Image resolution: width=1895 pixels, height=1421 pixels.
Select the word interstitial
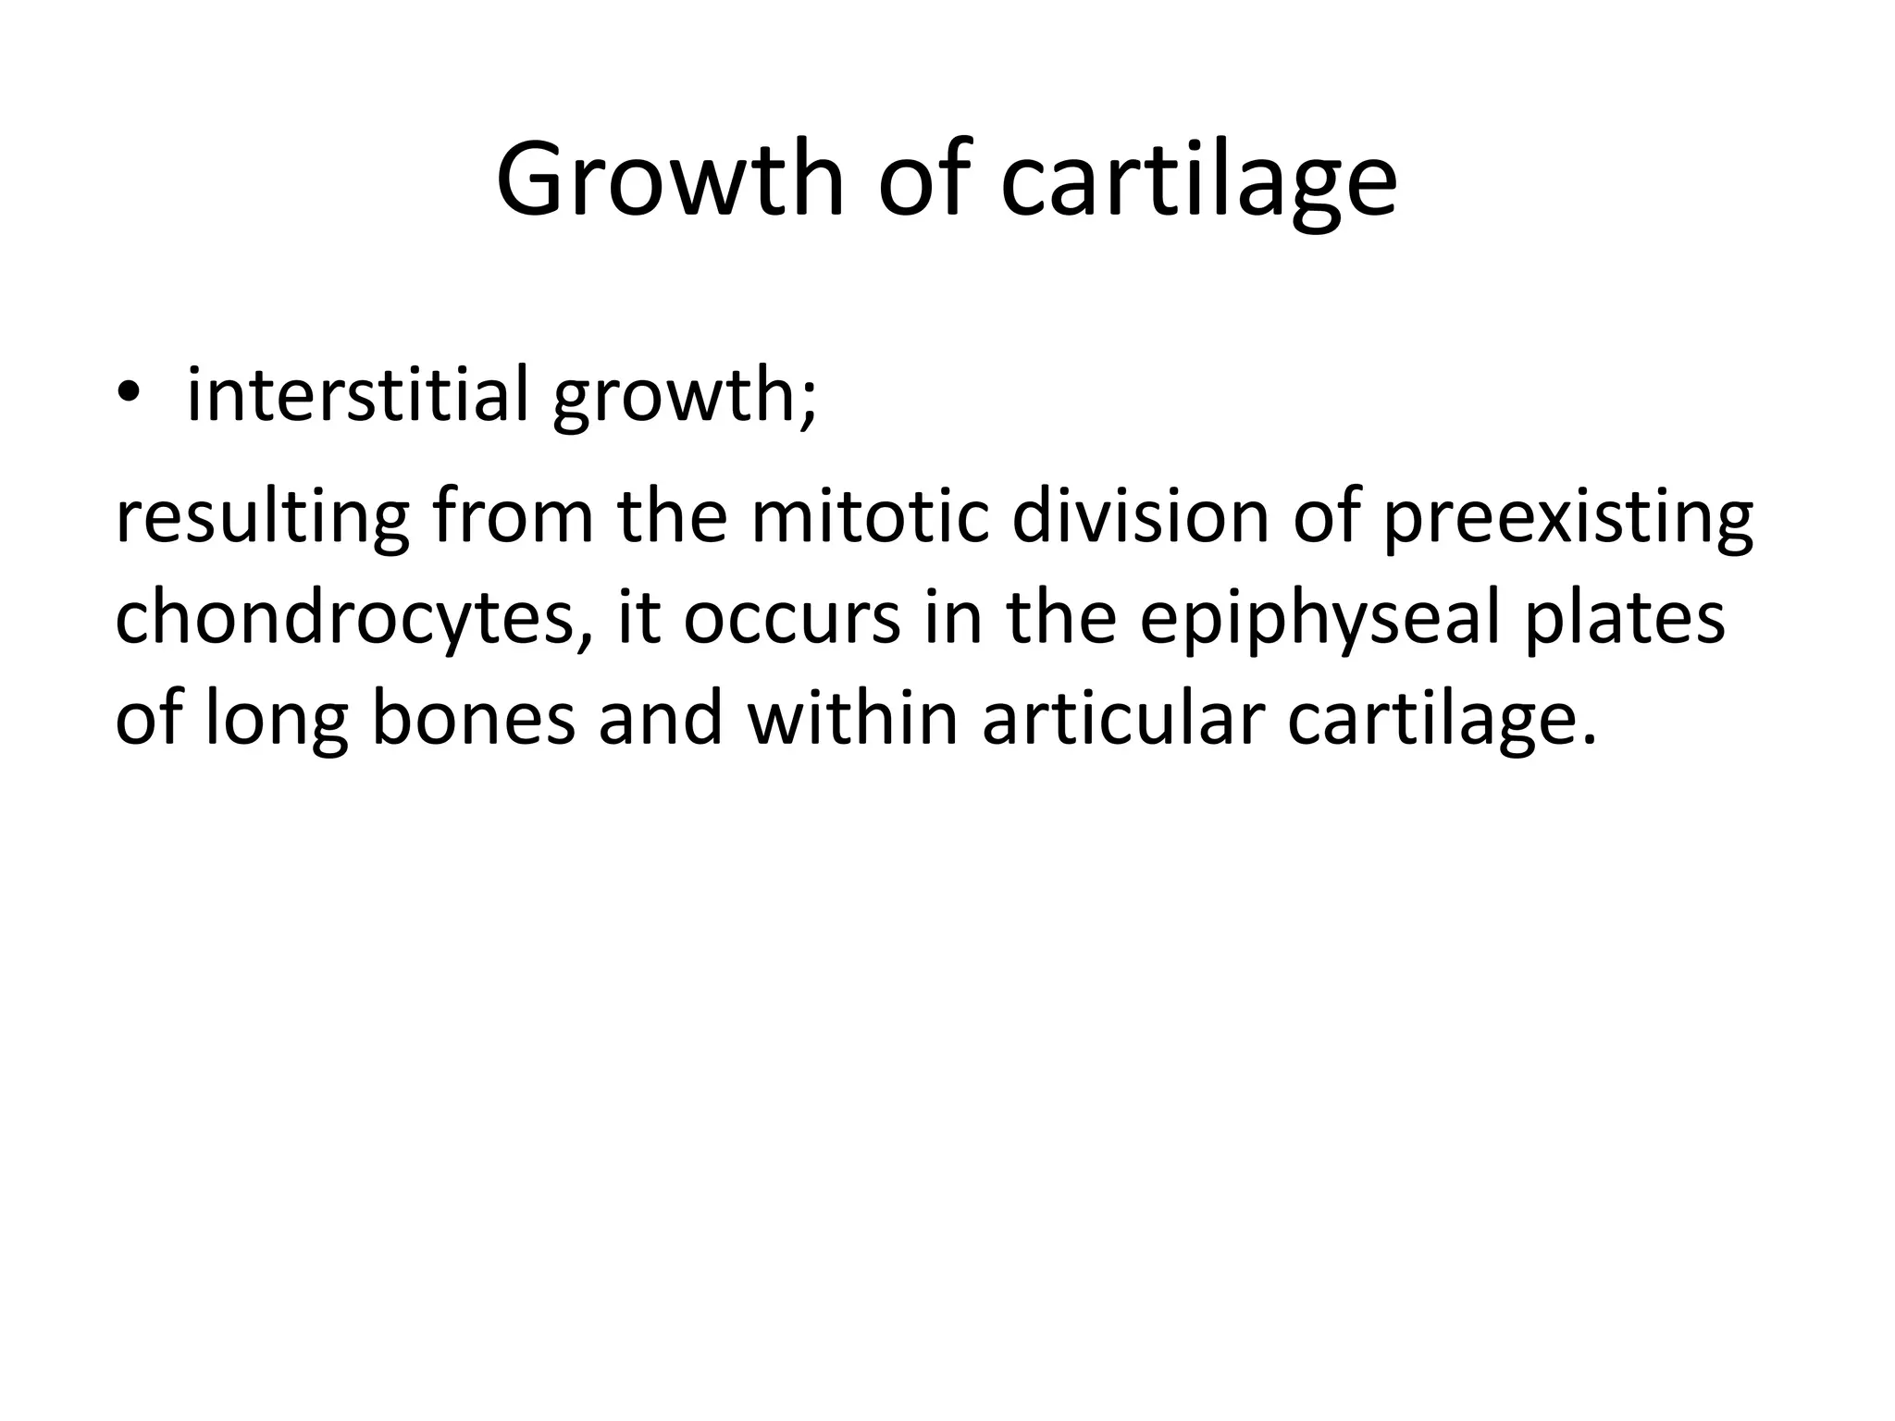(x=357, y=395)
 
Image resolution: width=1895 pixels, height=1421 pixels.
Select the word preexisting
(x=1567, y=520)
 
